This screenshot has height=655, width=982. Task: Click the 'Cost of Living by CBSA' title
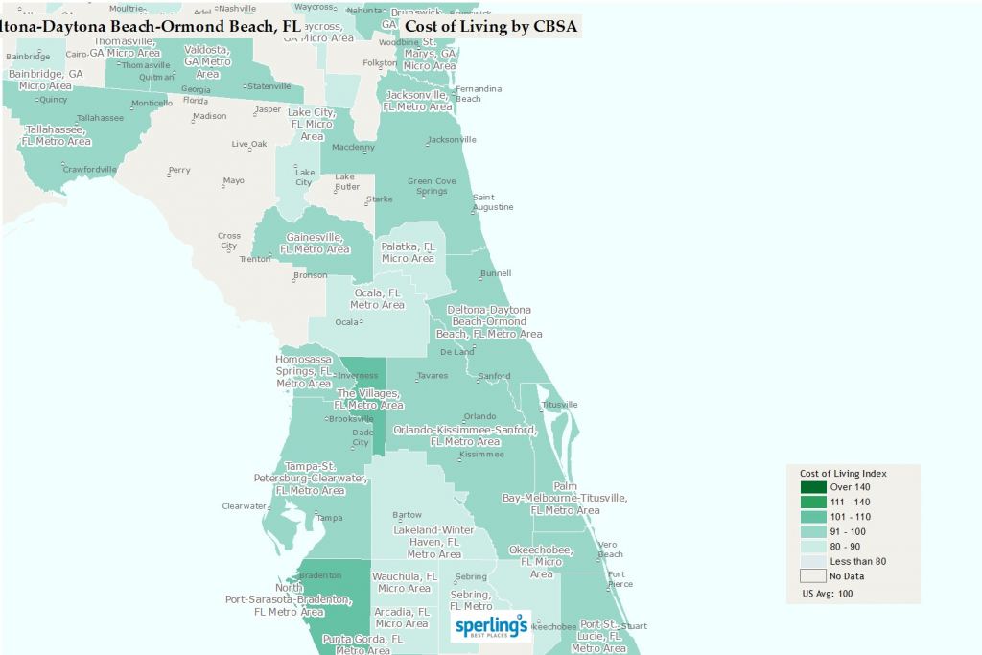[491, 26]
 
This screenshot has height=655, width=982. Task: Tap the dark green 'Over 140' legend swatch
[814, 487]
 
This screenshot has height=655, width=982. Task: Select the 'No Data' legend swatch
[814, 575]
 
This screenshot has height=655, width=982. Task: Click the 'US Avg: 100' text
[827, 594]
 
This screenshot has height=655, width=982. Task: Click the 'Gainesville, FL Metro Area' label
[315, 243]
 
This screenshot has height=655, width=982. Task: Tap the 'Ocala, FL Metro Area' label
[377, 298]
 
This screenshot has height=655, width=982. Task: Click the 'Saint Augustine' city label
[493, 202]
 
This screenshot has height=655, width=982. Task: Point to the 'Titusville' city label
[561, 405]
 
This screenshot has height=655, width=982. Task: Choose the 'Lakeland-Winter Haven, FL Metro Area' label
[433, 541]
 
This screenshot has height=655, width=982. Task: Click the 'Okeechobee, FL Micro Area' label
[541, 561]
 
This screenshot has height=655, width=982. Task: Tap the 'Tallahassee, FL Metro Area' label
[56, 134]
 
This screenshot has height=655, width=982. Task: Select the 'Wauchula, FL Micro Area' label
[405, 582]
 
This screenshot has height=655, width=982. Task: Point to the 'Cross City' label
[229, 240]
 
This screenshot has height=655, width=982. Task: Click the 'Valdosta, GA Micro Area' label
[207, 61]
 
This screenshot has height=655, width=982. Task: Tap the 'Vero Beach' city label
[610, 549]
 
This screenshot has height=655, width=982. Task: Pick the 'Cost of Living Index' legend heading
[843, 473]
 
